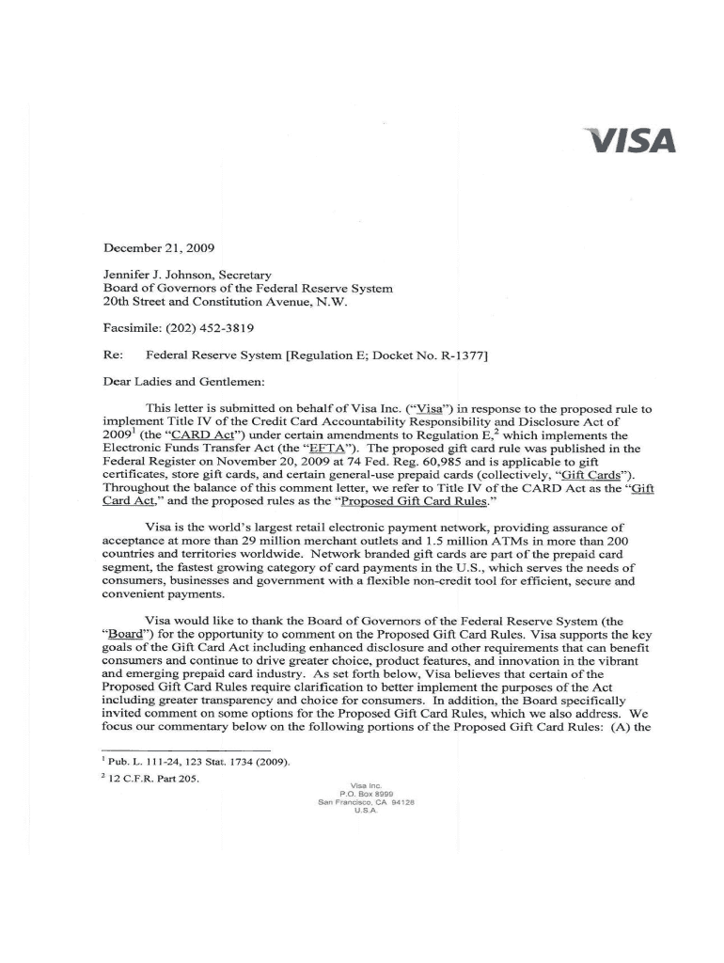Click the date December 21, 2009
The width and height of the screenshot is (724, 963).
[x=159, y=248]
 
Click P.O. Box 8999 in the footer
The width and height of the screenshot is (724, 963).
[x=363, y=795]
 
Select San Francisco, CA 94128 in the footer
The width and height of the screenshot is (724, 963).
[x=363, y=803]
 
